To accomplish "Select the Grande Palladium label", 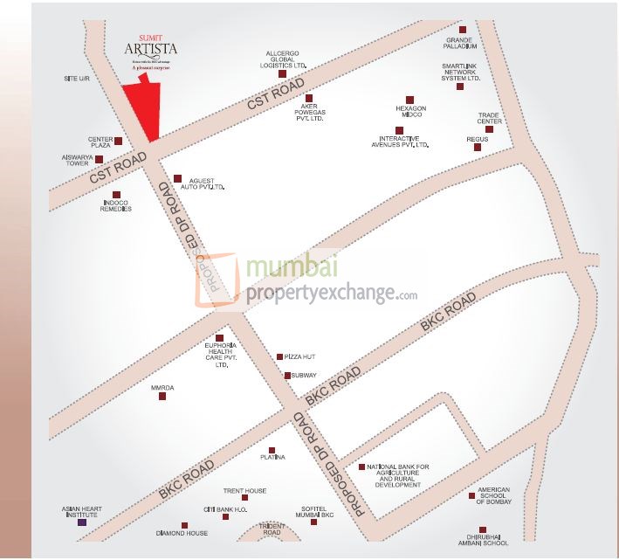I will [460, 43].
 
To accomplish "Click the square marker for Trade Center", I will [489, 129].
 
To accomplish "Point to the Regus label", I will [478, 138].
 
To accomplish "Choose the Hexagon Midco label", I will [409, 111].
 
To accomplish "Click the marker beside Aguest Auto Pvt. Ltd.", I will [177, 178].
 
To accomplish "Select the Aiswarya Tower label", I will [77, 160].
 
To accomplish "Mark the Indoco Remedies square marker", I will [116, 195].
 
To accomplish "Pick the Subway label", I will [304, 375].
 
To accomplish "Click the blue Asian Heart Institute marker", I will [82, 522].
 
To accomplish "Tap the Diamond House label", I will [182, 533].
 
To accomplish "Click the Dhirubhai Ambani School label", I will [481, 540].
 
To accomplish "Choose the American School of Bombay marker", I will [472, 496].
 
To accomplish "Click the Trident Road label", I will [272, 529].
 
